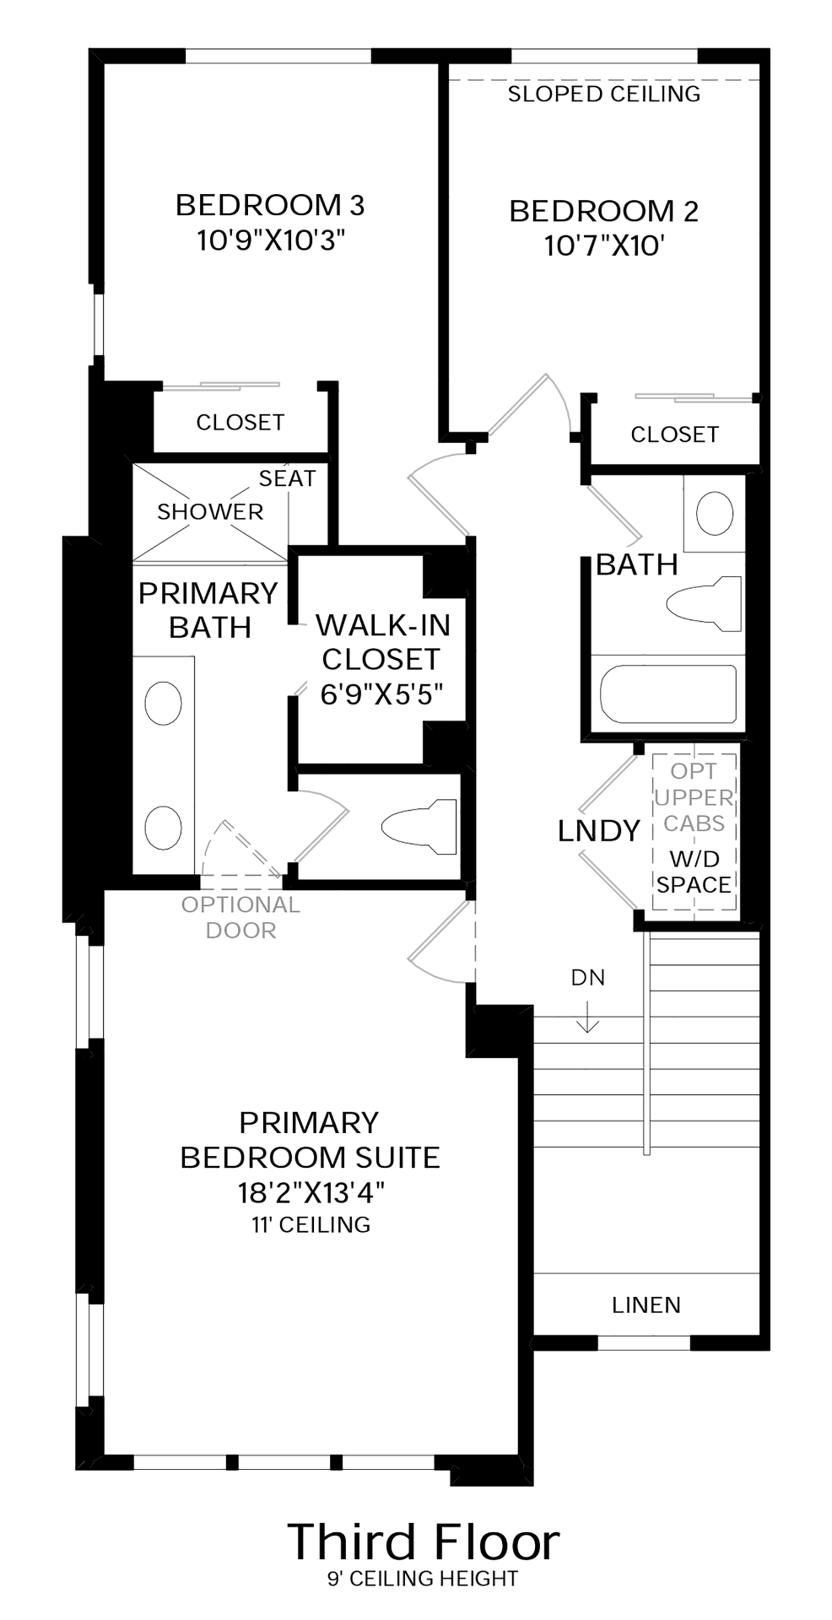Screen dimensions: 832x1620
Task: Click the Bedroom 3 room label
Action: pyautogui.click(x=270, y=205)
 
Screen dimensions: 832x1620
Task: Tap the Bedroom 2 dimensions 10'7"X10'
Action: pyautogui.click(x=604, y=246)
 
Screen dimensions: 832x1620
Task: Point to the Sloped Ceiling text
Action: pyautogui.click(x=604, y=94)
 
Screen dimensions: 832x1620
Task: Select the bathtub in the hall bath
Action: pyautogui.click(x=667, y=694)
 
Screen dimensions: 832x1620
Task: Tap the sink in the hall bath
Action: pyautogui.click(x=715, y=512)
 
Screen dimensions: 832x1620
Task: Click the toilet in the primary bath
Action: pyautogui.click(x=419, y=826)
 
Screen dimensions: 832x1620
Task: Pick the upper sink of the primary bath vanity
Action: pyautogui.click(x=163, y=703)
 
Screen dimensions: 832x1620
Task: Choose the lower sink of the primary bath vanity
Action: pyautogui.click(x=163, y=828)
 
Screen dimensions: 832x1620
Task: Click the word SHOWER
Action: pyautogui.click(x=210, y=511)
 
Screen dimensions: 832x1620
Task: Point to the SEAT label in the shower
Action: pyautogui.click(x=287, y=478)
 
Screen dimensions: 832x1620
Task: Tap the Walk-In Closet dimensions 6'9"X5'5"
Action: pyautogui.click(x=381, y=694)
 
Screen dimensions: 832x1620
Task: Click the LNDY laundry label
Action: pyautogui.click(x=599, y=831)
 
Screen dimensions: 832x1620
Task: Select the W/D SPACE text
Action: pyautogui.click(x=694, y=872)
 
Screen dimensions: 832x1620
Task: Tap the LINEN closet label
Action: pyautogui.click(x=646, y=1305)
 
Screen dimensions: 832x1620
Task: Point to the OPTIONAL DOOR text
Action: pyautogui.click(x=241, y=917)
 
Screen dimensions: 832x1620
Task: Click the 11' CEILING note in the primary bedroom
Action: pyautogui.click(x=311, y=1224)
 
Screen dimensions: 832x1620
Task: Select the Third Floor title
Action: pyautogui.click(x=424, y=1541)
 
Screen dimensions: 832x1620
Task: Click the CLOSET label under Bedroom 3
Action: pyautogui.click(x=240, y=422)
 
